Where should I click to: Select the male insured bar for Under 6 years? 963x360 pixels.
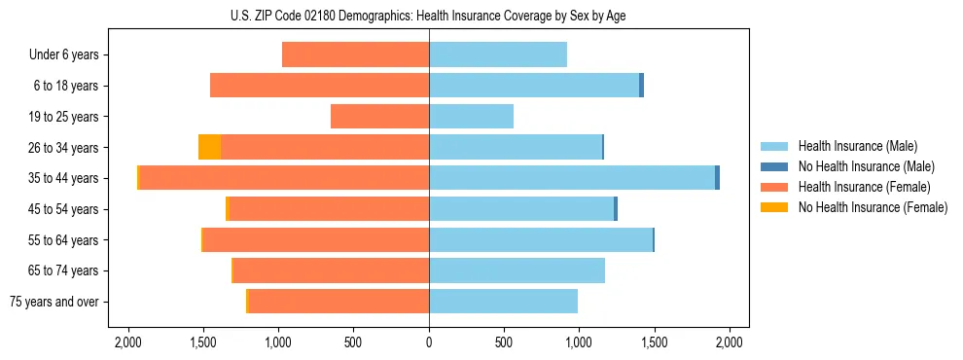(498, 54)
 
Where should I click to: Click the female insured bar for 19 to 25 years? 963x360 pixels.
(380, 117)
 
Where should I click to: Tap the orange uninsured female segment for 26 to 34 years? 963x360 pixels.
(209, 147)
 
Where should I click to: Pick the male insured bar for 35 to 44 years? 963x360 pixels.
(572, 178)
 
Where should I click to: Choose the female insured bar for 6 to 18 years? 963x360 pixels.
(320, 86)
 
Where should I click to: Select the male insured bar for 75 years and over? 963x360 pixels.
(503, 302)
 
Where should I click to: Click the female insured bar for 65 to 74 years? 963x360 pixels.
(332, 270)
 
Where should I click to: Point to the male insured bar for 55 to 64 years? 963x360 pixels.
(541, 239)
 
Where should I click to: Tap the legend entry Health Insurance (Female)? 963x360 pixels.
(864, 187)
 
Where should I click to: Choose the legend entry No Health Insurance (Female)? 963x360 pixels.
(873, 207)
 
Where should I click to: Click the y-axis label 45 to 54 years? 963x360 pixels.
(64, 209)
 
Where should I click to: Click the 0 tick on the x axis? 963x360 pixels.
(429, 342)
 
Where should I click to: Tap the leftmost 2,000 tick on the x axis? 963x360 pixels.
(128, 342)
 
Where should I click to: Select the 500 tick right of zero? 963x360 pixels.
(504, 342)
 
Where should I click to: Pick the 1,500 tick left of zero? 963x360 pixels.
(203, 342)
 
